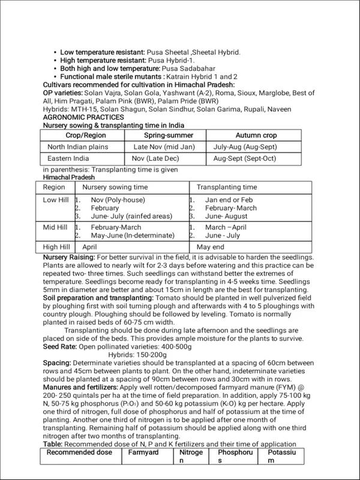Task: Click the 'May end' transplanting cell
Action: (x=211, y=247)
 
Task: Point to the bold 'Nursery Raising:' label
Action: (x=67, y=257)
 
